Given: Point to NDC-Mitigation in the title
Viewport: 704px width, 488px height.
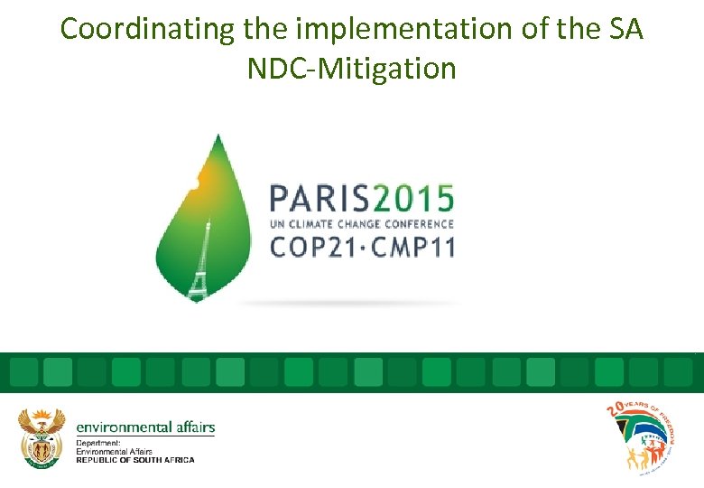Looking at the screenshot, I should pyautogui.click(x=352, y=68).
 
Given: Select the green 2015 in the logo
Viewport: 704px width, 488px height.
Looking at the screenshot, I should pyautogui.click(x=414, y=198).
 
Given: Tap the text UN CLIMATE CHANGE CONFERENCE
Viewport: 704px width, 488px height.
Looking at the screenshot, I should pyautogui.click(x=362, y=223).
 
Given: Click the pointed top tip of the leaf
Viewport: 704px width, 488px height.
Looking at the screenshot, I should pyautogui.click(x=218, y=136).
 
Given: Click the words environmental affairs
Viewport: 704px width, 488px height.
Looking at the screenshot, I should pyautogui.click(x=145, y=427).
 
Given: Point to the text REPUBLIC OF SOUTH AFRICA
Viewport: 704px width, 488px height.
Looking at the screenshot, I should pyautogui.click(x=134, y=460).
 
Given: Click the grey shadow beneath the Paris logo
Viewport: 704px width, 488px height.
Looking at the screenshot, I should pyautogui.click(x=352, y=303).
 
